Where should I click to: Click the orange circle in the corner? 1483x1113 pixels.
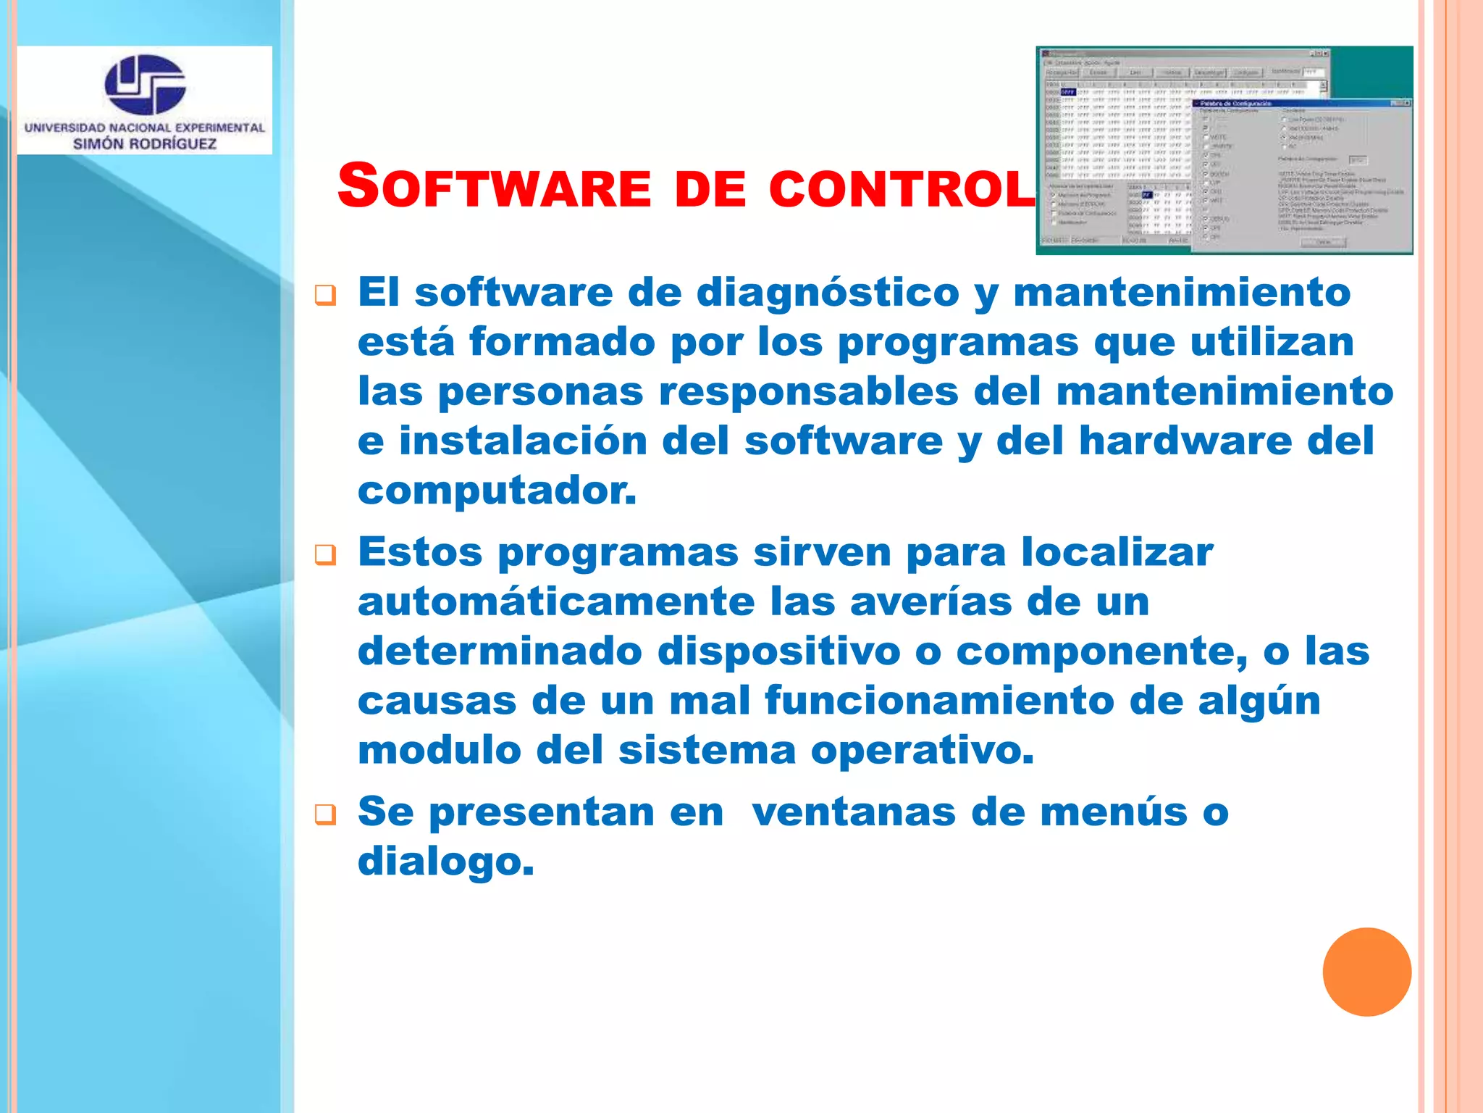(x=1366, y=972)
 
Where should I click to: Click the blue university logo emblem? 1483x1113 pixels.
(x=145, y=84)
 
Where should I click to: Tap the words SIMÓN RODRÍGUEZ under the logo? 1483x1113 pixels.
(x=145, y=143)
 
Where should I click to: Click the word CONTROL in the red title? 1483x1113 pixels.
(x=902, y=188)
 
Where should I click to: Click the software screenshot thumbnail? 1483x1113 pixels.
(x=1224, y=151)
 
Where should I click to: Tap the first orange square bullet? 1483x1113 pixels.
(x=325, y=296)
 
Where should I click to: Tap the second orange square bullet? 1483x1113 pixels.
(x=325, y=555)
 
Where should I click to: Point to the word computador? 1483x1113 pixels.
(x=497, y=491)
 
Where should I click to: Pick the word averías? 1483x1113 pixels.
(x=930, y=602)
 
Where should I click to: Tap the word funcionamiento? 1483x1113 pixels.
(x=938, y=701)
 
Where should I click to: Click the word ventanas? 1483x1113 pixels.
(x=854, y=812)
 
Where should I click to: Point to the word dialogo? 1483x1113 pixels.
(x=445, y=862)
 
